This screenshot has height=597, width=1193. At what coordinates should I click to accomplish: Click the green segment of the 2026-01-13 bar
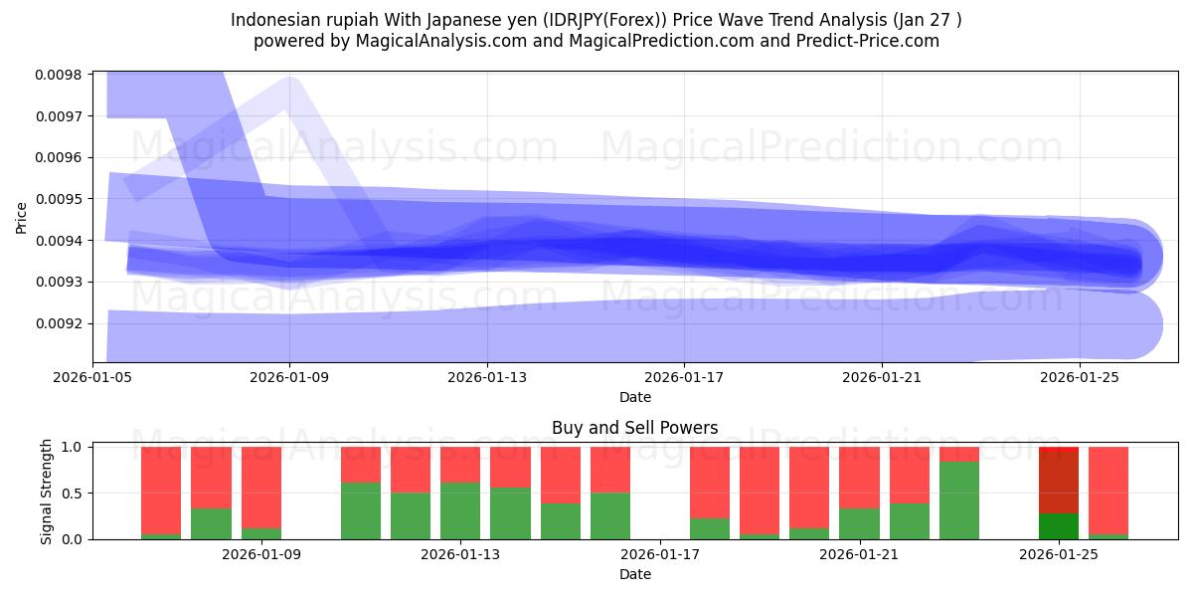tap(460, 510)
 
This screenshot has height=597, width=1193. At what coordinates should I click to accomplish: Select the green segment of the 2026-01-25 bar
tap(1059, 525)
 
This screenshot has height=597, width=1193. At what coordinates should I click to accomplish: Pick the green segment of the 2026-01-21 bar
tap(859, 523)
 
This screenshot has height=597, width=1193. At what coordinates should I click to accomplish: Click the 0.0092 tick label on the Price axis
tap(61, 323)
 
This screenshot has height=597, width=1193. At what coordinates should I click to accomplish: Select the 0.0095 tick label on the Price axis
tap(61, 199)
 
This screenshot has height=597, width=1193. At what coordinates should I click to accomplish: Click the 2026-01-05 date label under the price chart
tap(92, 377)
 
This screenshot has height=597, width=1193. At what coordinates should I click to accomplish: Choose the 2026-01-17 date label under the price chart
tap(684, 377)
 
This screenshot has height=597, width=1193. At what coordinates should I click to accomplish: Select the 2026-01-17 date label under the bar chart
tap(660, 554)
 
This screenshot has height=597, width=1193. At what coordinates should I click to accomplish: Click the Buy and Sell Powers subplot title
tap(635, 429)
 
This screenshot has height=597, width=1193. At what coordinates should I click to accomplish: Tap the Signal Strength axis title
tap(47, 493)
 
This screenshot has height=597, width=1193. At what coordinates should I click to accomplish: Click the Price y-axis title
tap(22, 217)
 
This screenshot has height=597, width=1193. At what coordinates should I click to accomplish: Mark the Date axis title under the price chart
tap(635, 397)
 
